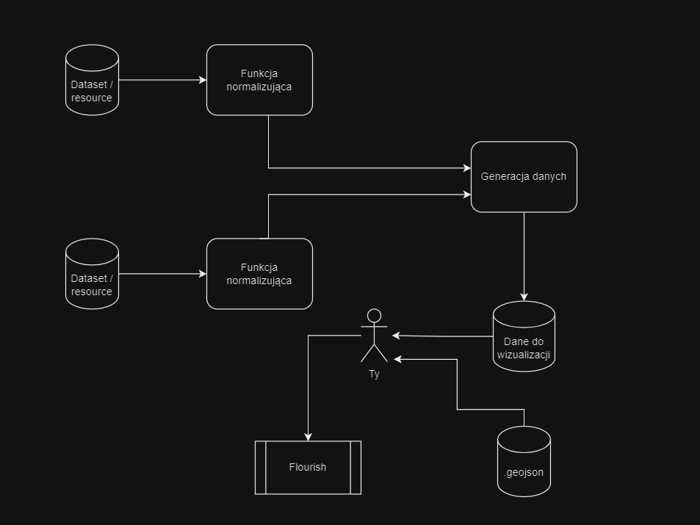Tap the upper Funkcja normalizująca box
tap(259, 80)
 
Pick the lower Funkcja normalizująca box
tap(259, 274)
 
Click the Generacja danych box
tap(524, 177)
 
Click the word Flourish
tap(308, 467)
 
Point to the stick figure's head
tap(374, 316)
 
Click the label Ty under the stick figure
tap(374, 374)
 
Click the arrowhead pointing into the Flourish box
tap(308, 437)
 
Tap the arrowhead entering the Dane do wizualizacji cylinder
tap(524, 297)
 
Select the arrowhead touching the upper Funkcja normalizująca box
tap(203, 80)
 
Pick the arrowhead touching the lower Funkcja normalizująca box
tap(203, 274)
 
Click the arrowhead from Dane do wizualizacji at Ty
tap(397, 336)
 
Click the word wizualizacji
tap(524, 355)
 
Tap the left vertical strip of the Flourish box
tap(260, 468)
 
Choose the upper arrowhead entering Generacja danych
tap(467, 168)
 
